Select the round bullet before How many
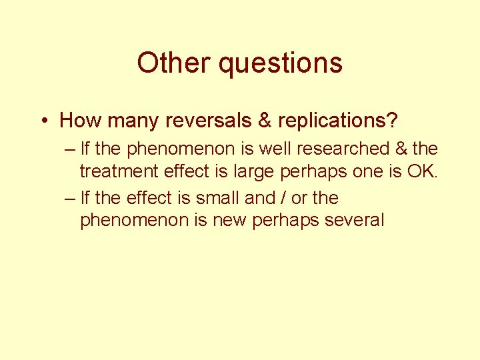pos(43,121)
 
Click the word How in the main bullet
pos(79,121)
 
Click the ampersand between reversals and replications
pos(264,121)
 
